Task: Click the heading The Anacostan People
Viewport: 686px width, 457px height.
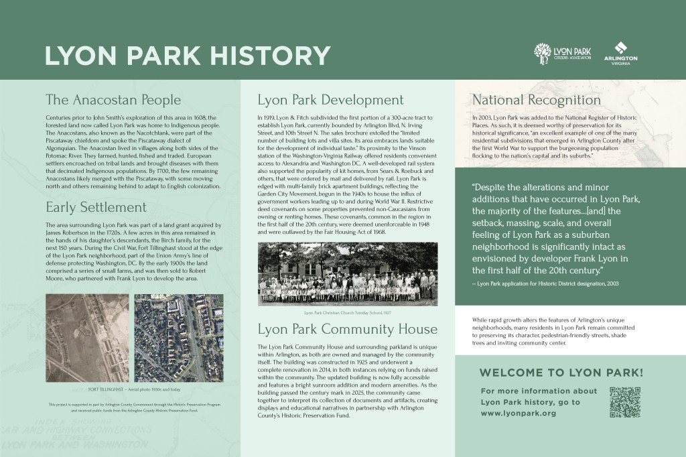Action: [x=113, y=101]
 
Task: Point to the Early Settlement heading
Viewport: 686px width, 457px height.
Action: [x=95, y=206]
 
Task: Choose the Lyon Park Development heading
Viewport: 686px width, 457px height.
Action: [x=331, y=101]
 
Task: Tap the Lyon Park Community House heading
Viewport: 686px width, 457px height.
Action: [x=348, y=330]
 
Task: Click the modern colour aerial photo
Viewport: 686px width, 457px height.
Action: [x=182, y=338]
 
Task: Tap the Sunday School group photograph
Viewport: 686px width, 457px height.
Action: [x=347, y=274]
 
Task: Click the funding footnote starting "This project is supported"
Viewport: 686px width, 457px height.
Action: [x=134, y=407]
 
